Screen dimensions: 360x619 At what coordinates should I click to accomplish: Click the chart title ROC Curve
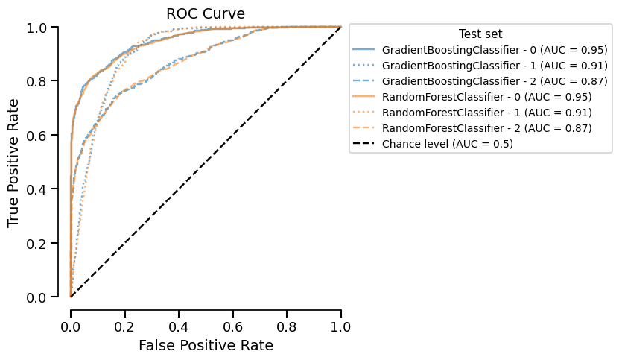(x=205, y=13)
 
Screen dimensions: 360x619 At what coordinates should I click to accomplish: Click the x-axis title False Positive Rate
(x=205, y=345)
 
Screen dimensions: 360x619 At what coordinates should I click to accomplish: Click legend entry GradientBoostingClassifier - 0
(x=486, y=50)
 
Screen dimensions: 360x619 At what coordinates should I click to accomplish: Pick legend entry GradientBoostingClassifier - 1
(x=486, y=66)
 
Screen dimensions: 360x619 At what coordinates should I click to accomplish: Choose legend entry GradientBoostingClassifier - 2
(x=486, y=81)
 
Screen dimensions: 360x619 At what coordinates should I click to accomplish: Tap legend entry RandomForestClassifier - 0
(x=486, y=97)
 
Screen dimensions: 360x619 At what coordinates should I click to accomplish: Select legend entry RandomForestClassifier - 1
(x=486, y=113)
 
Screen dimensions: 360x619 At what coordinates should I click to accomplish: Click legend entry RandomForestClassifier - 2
(x=486, y=128)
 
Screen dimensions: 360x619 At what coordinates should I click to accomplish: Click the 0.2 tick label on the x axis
(x=124, y=326)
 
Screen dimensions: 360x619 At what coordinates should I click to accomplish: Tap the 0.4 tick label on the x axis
(x=179, y=326)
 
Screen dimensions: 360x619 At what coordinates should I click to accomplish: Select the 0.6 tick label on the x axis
(x=232, y=326)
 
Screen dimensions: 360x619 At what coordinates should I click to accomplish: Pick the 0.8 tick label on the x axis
(x=287, y=326)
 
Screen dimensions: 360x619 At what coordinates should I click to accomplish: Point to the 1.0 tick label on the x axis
(x=340, y=326)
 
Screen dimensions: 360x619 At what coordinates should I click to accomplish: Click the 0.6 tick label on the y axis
(x=43, y=135)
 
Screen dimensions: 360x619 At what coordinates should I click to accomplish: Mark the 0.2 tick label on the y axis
(x=43, y=244)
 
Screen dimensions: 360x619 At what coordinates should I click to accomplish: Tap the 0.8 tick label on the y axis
(x=43, y=81)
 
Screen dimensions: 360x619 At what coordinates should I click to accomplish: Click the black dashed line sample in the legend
(x=365, y=144)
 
